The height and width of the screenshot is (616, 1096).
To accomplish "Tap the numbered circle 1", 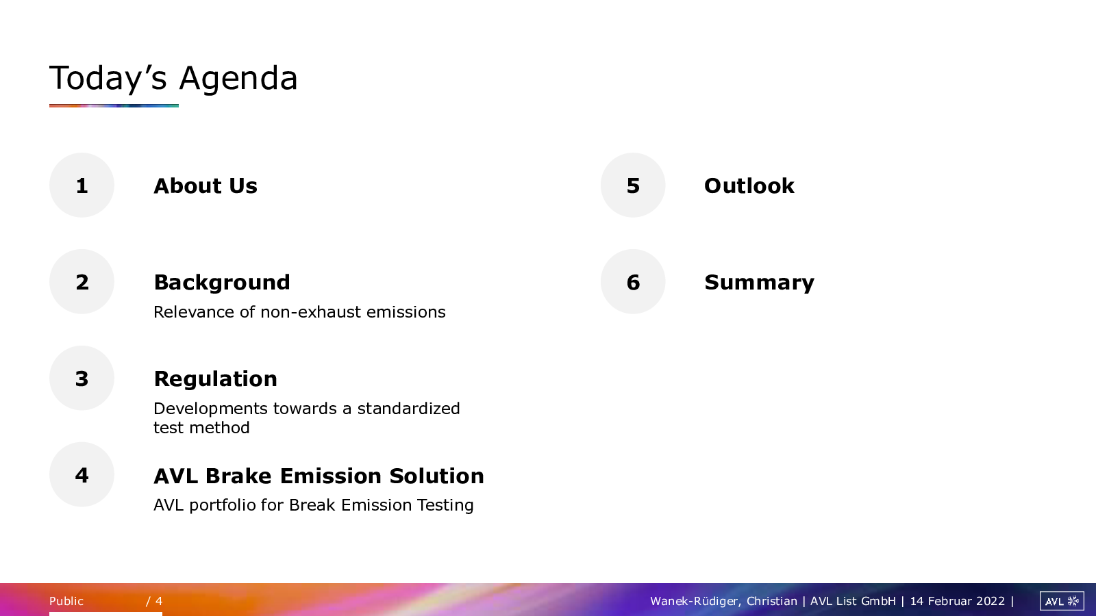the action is (82, 185).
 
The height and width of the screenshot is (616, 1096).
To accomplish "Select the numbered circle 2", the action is (82, 281).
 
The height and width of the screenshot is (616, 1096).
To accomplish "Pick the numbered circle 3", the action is (82, 378).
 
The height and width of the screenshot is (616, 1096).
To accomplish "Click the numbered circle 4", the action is (82, 475).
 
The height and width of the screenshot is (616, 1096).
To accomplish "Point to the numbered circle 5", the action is (633, 185).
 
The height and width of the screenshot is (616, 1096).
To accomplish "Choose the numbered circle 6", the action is (633, 281).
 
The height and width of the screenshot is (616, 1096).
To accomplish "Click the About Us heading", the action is (206, 185).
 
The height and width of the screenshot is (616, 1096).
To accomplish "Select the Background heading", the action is (222, 283).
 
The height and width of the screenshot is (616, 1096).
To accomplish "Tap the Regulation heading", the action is (215, 379).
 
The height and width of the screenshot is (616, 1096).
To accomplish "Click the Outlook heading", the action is (749, 185).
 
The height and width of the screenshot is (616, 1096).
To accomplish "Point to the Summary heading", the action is (760, 283).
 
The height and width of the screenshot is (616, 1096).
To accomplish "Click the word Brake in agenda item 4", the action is (238, 476).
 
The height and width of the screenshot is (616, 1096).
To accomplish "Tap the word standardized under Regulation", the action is (408, 408).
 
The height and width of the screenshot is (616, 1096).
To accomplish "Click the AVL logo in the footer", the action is (1062, 601).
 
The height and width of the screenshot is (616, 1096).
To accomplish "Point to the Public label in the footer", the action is (66, 601).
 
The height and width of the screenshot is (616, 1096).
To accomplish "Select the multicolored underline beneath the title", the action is (114, 105).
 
